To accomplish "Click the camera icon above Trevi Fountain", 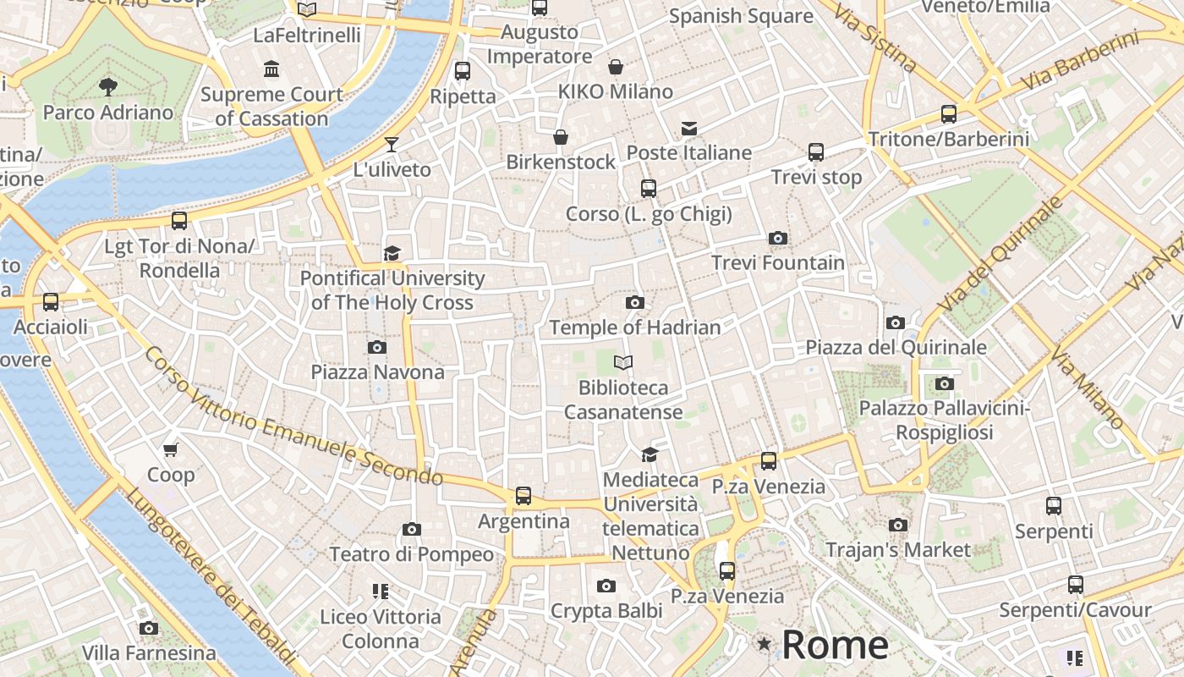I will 777,239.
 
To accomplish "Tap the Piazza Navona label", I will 377,372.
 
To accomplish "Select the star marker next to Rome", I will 765,644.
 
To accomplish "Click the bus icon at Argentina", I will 523,496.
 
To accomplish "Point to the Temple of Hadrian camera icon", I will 634,303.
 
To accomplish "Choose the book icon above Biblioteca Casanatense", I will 623,363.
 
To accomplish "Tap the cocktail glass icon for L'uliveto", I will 392,145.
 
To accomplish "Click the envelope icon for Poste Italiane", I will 689,129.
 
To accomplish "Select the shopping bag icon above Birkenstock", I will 560,137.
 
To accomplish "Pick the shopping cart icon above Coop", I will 171,449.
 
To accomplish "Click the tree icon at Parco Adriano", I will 107,86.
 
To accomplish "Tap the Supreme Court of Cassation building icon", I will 271,69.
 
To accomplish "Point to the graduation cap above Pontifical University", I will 392,253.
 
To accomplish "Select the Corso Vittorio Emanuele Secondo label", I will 293,416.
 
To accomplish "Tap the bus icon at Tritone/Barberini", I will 949,114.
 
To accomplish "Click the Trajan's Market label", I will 898,550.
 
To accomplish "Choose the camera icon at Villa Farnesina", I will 149,628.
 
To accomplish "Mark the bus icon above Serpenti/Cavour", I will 1075,585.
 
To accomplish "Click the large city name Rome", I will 835,645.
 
